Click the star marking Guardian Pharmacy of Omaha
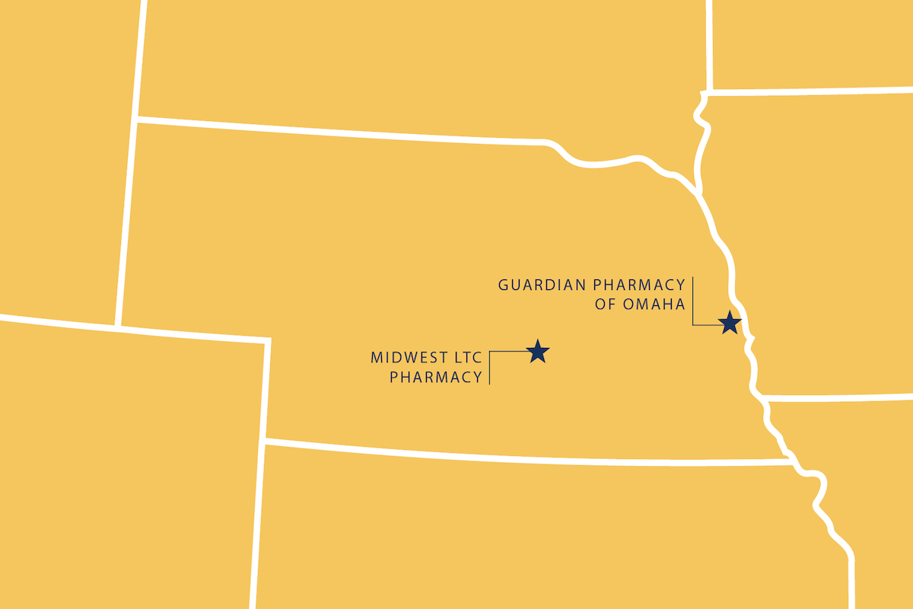(730, 323)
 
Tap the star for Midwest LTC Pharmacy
(538, 351)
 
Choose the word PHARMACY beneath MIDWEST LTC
(436, 377)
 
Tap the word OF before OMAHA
(604, 304)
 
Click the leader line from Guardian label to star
(693, 304)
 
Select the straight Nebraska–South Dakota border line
(342, 131)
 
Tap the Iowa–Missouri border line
(837, 397)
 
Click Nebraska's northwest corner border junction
(136, 120)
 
